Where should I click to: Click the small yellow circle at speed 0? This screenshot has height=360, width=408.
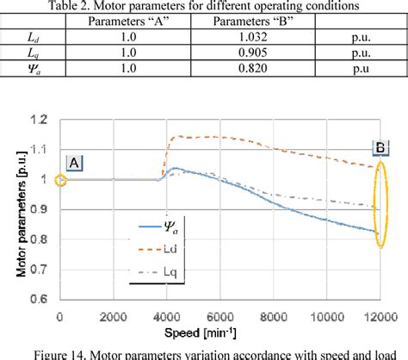(59, 180)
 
